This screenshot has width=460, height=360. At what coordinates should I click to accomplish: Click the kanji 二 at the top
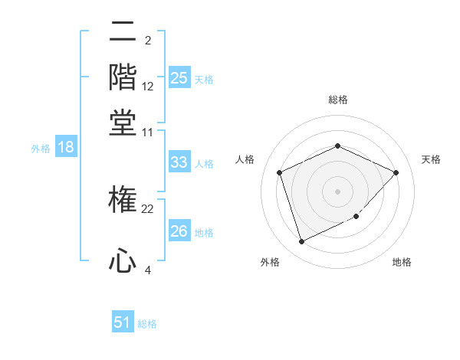point(123,31)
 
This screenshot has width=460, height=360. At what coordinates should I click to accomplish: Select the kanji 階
point(123,77)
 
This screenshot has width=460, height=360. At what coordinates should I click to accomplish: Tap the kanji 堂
point(123,122)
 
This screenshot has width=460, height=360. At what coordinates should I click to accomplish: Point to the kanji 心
point(123,260)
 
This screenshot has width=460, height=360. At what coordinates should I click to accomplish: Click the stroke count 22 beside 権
point(148,209)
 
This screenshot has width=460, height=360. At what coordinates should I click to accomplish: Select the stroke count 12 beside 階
point(148,87)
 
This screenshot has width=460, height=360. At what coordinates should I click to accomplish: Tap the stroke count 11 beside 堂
point(148,132)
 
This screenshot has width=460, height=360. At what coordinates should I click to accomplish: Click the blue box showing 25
point(179,78)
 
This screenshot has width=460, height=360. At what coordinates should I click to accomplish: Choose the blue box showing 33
point(179,162)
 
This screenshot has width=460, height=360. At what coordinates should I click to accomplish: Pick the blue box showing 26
point(179,231)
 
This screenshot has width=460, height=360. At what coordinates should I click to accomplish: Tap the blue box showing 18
point(65,148)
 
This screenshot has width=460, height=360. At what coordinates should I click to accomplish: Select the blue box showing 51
point(123,323)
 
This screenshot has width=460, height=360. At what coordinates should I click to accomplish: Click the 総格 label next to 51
point(147,324)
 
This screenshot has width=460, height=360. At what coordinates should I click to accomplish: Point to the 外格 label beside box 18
point(40,149)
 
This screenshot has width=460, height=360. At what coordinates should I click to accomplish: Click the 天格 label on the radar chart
point(431,159)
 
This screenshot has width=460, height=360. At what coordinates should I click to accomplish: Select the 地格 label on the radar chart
point(402,262)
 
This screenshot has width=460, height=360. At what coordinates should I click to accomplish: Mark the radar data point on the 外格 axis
point(301,242)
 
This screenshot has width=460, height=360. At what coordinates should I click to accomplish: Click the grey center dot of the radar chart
point(337,191)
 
